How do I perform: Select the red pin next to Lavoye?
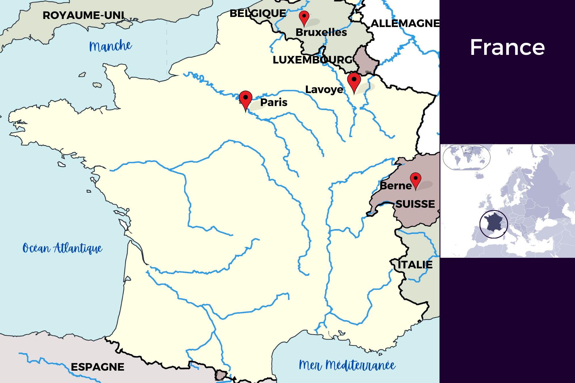tap(354, 81)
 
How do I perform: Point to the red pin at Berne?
tap(415, 180)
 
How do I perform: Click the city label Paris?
tap(274, 102)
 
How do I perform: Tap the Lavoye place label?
tap(324, 89)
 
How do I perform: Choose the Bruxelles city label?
tap(321, 32)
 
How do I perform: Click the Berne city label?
tap(396, 186)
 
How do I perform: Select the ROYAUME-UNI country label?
tap(83, 15)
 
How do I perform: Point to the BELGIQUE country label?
tap(258, 13)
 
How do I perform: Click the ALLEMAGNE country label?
tap(405, 23)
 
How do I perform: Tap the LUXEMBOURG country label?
tap(313, 60)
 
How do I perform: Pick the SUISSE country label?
tap(415, 204)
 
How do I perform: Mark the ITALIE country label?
tap(415, 265)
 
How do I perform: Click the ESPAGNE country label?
tap(97, 367)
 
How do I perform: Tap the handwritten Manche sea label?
tap(110, 46)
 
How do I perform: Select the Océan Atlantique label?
tap(62, 248)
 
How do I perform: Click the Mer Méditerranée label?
tap(347, 365)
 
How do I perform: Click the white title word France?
tap(507, 47)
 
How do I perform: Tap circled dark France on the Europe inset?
tap(493, 224)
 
